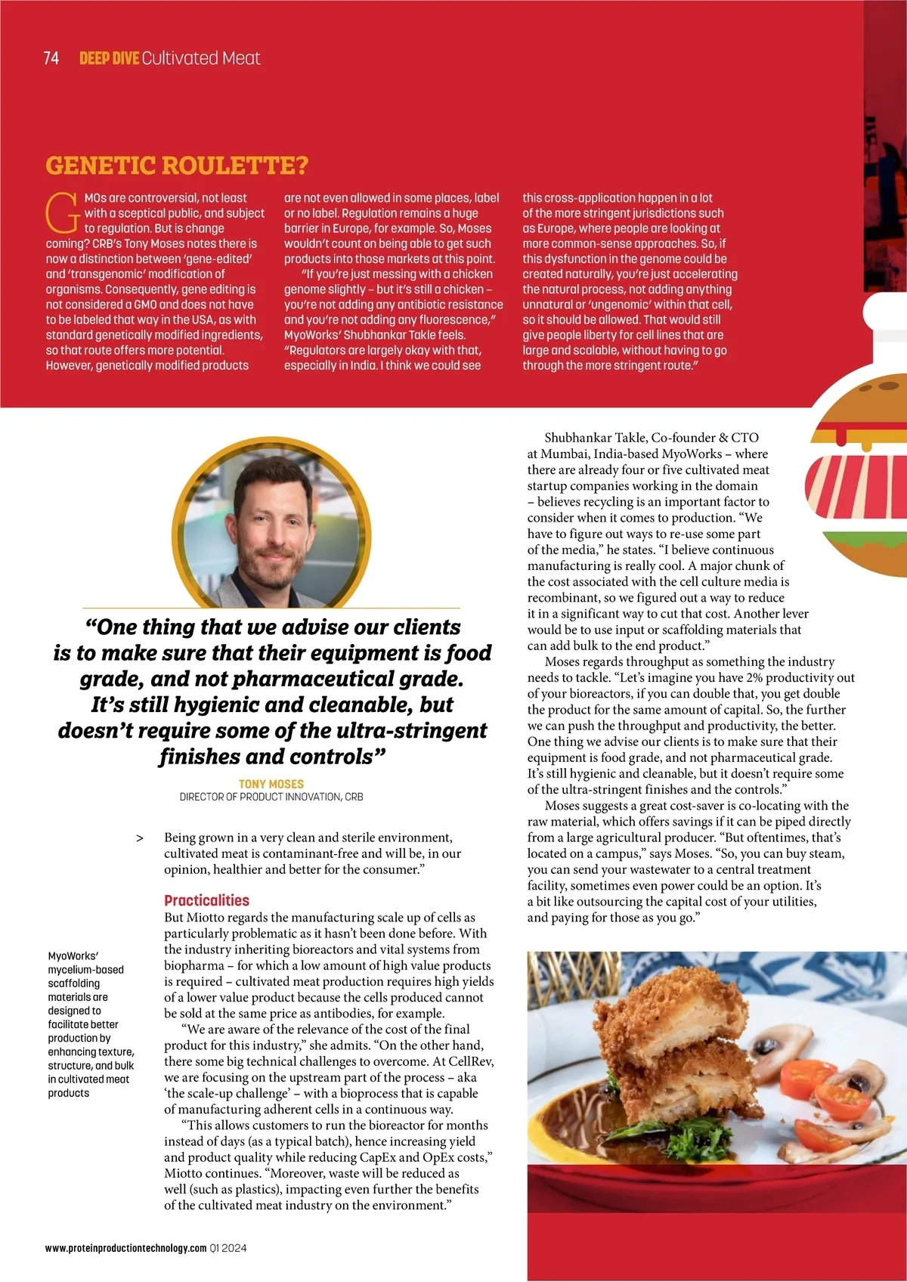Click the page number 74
[51, 58]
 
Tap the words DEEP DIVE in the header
[109, 58]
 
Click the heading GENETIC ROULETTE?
[177, 166]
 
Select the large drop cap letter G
[62, 213]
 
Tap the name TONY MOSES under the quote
[271, 784]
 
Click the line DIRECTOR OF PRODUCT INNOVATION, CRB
[271, 797]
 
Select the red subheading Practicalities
[206, 900]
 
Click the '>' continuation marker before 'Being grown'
[140, 838]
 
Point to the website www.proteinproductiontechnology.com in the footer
[125, 1248]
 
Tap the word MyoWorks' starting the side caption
[73, 956]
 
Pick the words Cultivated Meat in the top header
[201, 58]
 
